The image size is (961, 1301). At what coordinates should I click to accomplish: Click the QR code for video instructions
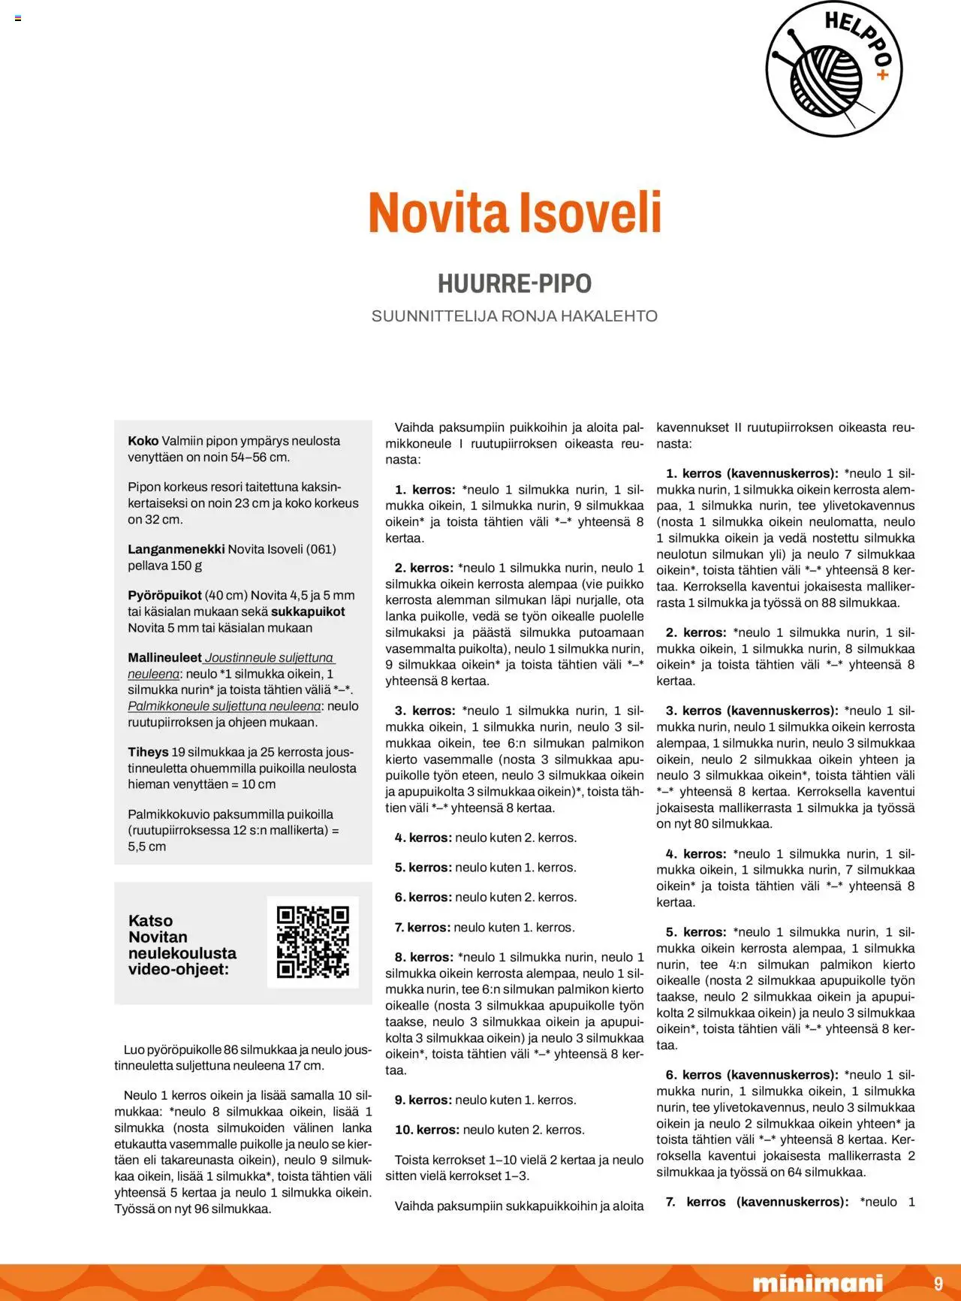[313, 942]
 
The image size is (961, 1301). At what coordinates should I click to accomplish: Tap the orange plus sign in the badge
[882, 75]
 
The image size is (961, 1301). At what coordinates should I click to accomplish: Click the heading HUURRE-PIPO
[514, 283]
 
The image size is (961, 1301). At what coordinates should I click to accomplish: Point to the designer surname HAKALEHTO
[609, 316]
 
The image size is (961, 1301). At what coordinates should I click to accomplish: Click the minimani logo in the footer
[818, 1283]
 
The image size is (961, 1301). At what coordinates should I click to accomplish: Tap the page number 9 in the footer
[938, 1283]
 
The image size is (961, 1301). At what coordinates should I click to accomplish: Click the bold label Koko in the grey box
[143, 441]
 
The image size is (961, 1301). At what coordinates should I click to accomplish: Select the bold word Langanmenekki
[176, 549]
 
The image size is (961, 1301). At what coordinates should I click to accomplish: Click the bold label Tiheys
[148, 752]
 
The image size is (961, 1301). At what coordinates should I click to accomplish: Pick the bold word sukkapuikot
[308, 611]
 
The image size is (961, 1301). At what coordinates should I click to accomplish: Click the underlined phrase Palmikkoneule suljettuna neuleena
[224, 706]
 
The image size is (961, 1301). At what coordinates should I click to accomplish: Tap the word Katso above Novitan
[150, 921]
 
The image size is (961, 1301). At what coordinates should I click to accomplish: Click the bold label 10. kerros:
[427, 1130]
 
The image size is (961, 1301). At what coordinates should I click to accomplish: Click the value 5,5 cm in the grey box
[146, 847]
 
